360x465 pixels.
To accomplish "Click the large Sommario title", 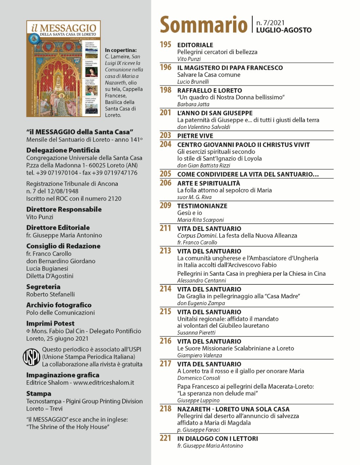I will tap(204, 25).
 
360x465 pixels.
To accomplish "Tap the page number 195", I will tap(165, 44).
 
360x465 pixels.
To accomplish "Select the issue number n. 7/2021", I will tap(271, 23).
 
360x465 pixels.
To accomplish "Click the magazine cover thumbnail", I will tap(63, 69).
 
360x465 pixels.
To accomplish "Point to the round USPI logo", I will tap(32, 357).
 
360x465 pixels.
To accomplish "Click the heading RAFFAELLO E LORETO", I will tap(209, 90).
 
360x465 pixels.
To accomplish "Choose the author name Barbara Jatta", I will tap(193, 104).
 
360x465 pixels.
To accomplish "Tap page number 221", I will tap(165, 438).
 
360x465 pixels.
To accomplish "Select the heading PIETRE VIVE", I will tap(195, 136).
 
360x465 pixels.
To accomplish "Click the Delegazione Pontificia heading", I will tap(63, 150).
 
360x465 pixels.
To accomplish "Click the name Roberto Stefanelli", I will tap(51, 294).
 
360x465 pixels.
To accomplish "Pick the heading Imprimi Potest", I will tap(50, 323).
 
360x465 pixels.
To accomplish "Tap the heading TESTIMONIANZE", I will tap(202, 206).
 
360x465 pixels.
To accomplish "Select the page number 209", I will tap(165, 205).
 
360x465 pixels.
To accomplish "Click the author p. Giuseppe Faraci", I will tap(199, 430).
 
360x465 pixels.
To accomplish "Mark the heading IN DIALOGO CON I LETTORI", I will tap(217, 438).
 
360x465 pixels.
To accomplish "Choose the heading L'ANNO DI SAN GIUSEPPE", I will tap(215, 113).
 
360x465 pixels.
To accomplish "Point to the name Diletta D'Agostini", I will tap(50, 276).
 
